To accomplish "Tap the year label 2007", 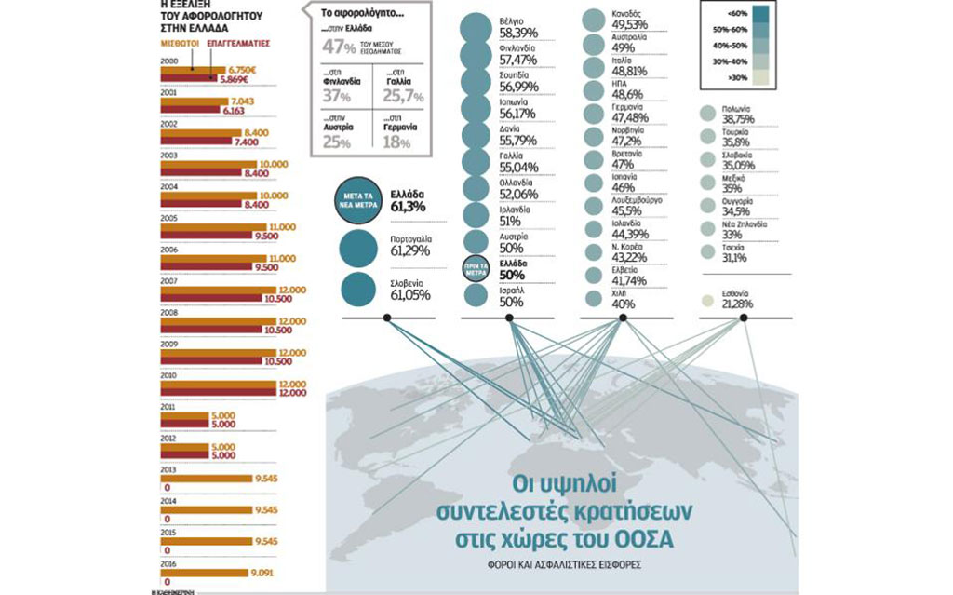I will (169, 280).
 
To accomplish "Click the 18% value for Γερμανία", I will (396, 142).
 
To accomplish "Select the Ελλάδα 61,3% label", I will (409, 201).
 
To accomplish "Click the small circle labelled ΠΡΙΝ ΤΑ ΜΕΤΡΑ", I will (475, 264).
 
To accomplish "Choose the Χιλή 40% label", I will (623, 299).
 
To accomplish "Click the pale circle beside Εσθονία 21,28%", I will (706, 300).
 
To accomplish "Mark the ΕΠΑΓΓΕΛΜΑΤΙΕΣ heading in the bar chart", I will (237, 43).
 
